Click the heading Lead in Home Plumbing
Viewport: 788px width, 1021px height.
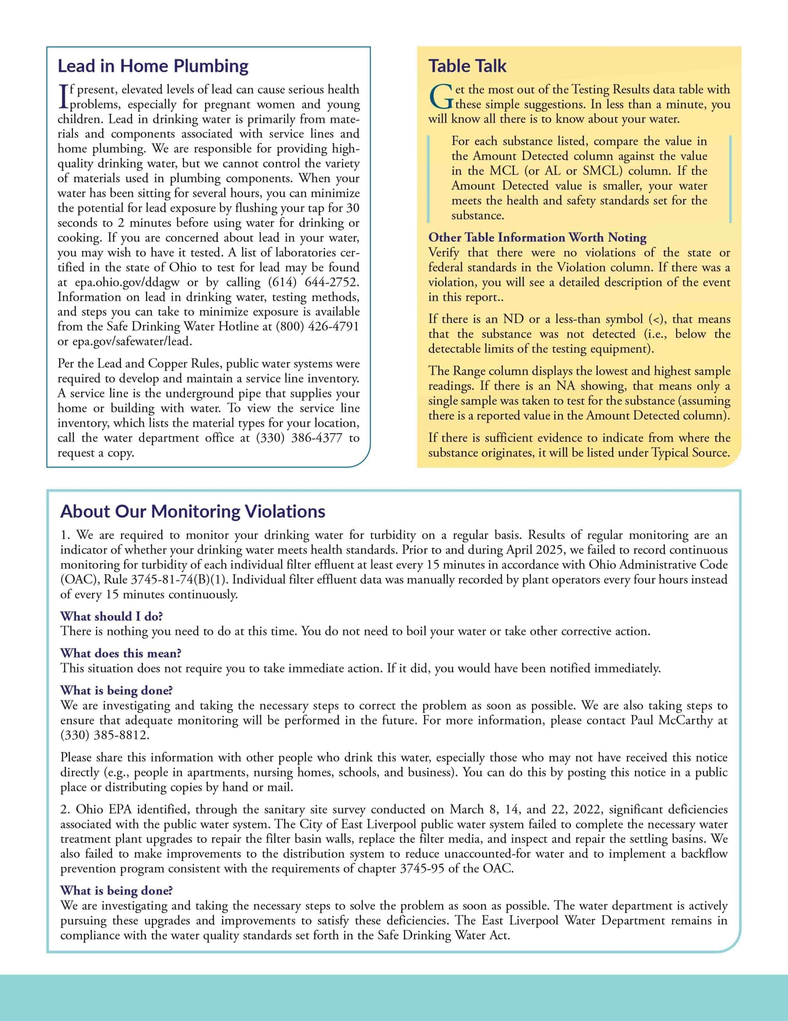point(153,66)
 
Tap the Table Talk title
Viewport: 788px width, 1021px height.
point(467,66)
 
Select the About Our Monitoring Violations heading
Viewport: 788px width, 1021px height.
point(192,511)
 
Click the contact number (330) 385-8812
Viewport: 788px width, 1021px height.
point(105,735)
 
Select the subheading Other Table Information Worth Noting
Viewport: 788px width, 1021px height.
point(537,237)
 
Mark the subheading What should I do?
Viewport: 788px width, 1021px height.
point(111,616)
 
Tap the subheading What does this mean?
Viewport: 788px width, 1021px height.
point(121,653)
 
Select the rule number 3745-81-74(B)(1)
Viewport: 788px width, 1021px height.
point(179,579)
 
